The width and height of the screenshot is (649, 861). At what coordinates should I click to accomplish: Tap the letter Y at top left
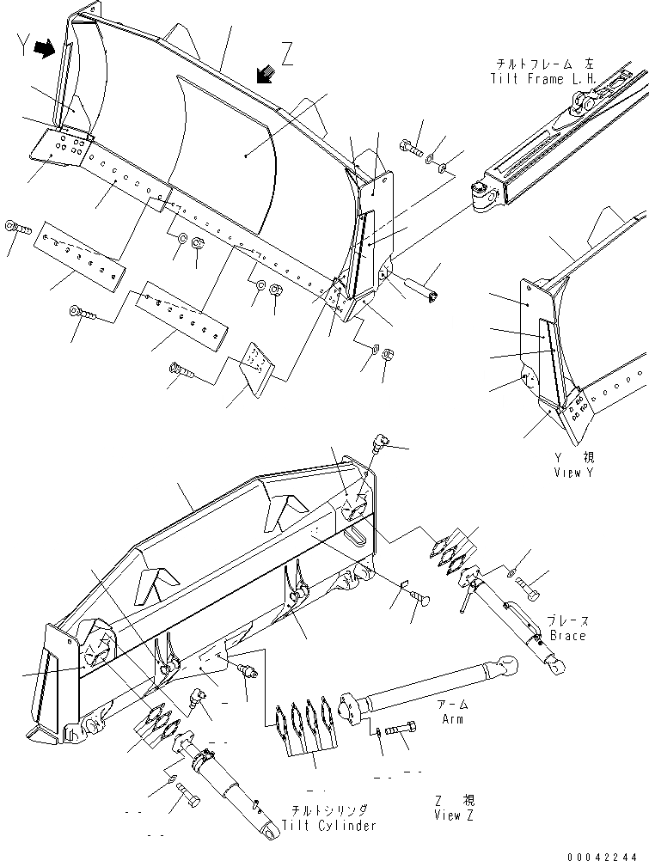[21, 49]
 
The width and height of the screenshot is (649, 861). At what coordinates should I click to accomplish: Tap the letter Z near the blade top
[287, 57]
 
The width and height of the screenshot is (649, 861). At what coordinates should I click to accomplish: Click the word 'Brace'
[567, 635]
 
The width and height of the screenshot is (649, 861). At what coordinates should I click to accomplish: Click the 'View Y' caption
[573, 472]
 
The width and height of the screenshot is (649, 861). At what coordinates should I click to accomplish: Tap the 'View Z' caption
[459, 814]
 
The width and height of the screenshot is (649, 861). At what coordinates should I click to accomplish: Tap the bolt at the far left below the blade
[17, 228]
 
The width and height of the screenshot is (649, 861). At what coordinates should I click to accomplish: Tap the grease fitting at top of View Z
[378, 443]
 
